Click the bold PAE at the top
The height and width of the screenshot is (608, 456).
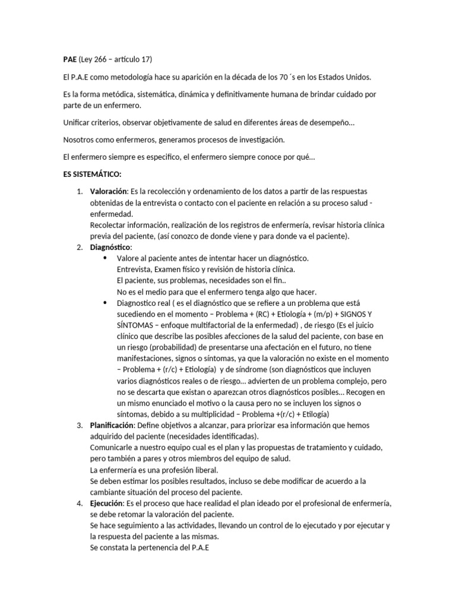tap(70, 59)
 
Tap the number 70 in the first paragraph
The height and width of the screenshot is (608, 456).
tap(273, 78)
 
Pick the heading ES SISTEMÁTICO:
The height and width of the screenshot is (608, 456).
tap(92, 175)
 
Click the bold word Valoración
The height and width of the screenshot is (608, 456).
tap(109, 192)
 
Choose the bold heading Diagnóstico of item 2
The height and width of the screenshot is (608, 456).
tap(111, 247)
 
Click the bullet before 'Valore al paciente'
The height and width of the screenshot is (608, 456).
tap(106, 258)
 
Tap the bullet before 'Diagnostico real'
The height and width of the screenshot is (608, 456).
tap(106, 303)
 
